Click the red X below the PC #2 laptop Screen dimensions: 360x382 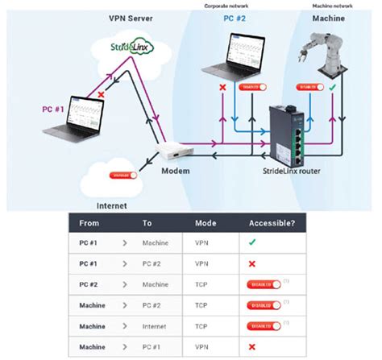pyautogui.click(x=222, y=86)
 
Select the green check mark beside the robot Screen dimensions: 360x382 pyautogui.click(x=333, y=85)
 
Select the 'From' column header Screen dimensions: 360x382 pyautogui.click(x=89, y=222)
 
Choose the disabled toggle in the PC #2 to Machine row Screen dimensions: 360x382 pyautogui.click(x=265, y=284)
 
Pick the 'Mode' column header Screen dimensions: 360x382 pyautogui.click(x=206, y=222)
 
